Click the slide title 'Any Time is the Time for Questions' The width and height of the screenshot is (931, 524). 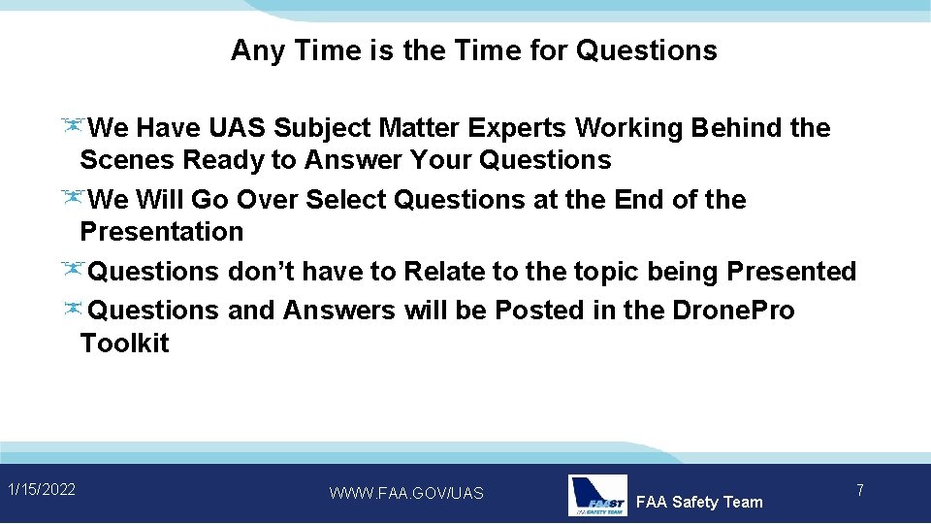(473, 50)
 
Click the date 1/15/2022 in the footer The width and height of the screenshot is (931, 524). (41, 489)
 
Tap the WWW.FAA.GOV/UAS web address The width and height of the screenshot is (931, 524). (405, 494)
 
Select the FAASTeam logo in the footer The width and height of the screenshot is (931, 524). (596, 495)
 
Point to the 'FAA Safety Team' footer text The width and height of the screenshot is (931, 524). (698, 502)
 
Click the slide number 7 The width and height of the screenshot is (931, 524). (859, 491)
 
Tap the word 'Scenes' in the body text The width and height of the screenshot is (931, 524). (126, 160)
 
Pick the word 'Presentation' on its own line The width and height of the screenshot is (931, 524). (161, 232)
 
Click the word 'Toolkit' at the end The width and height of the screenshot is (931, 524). (124, 344)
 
